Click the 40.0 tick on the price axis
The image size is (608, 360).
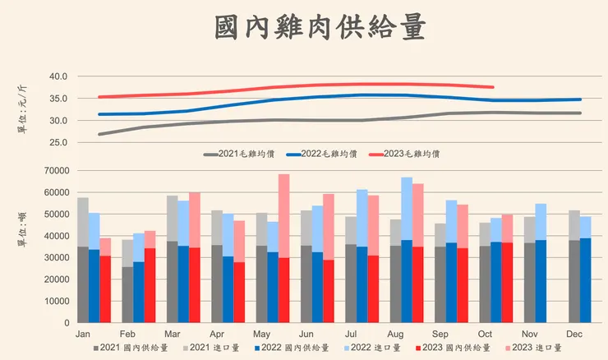(x=57, y=76)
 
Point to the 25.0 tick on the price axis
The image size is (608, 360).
(x=57, y=142)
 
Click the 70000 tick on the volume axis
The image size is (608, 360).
(x=54, y=171)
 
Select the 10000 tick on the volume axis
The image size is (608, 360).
(x=54, y=301)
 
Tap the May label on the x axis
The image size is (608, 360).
(x=261, y=335)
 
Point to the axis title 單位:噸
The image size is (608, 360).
(x=21, y=224)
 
